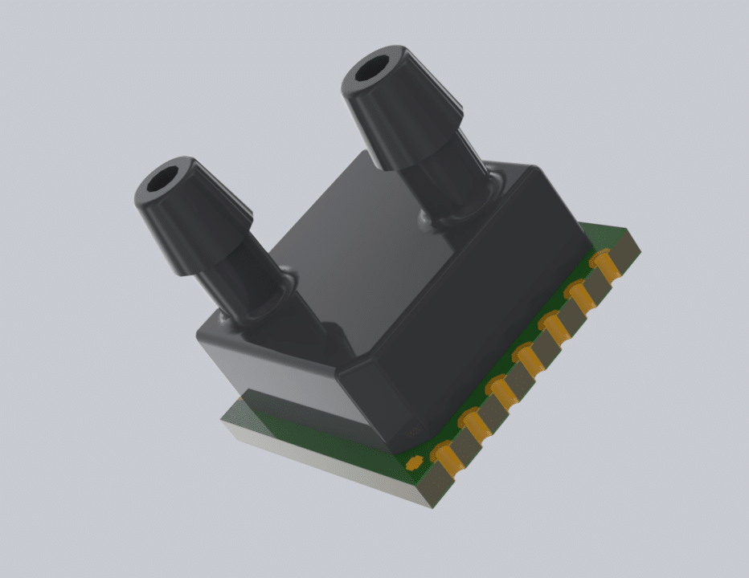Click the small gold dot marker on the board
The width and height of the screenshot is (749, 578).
(x=415, y=462)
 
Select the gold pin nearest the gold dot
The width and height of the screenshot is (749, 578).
(x=446, y=458)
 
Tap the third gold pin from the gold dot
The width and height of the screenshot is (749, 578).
(x=501, y=391)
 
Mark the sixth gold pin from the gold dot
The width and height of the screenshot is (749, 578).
(x=579, y=293)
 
